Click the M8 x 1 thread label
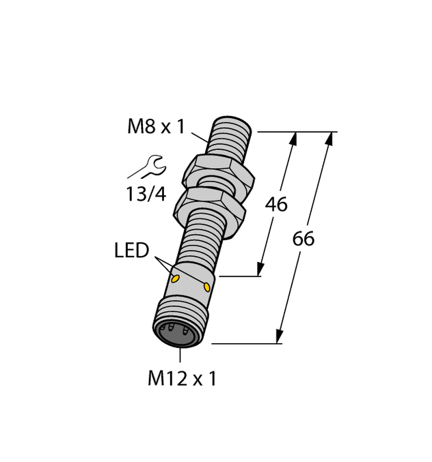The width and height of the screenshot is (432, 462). tap(156, 126)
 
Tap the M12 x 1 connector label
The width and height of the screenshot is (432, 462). tap(182, 379)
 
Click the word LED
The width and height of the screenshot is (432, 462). tap(131, 251)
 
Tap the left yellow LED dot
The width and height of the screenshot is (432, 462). tap(176, 278)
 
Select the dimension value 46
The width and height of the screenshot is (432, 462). tap(276, 204)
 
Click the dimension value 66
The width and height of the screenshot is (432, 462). tap(303, 239)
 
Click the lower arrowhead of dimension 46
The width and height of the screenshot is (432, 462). tap(260, 270)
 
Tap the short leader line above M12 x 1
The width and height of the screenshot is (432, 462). tap(180, 354)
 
